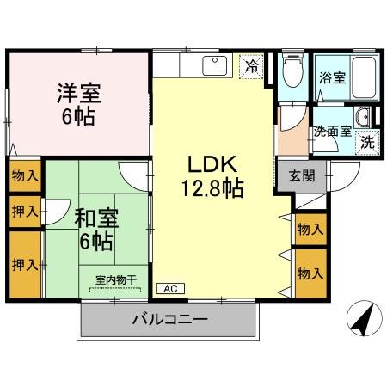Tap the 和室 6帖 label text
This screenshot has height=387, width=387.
point(95,229)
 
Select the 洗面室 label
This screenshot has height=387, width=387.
point(331,132)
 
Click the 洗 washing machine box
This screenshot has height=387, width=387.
point(367,142)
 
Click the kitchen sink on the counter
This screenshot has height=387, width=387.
point(212,65)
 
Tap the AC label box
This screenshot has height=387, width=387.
point(169,288)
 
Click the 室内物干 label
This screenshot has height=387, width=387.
point(115,279)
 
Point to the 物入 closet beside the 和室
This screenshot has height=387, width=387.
point(24,175)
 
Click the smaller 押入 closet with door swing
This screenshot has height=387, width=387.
point(24,211)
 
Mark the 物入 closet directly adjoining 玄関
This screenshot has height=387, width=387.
point(310,229)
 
